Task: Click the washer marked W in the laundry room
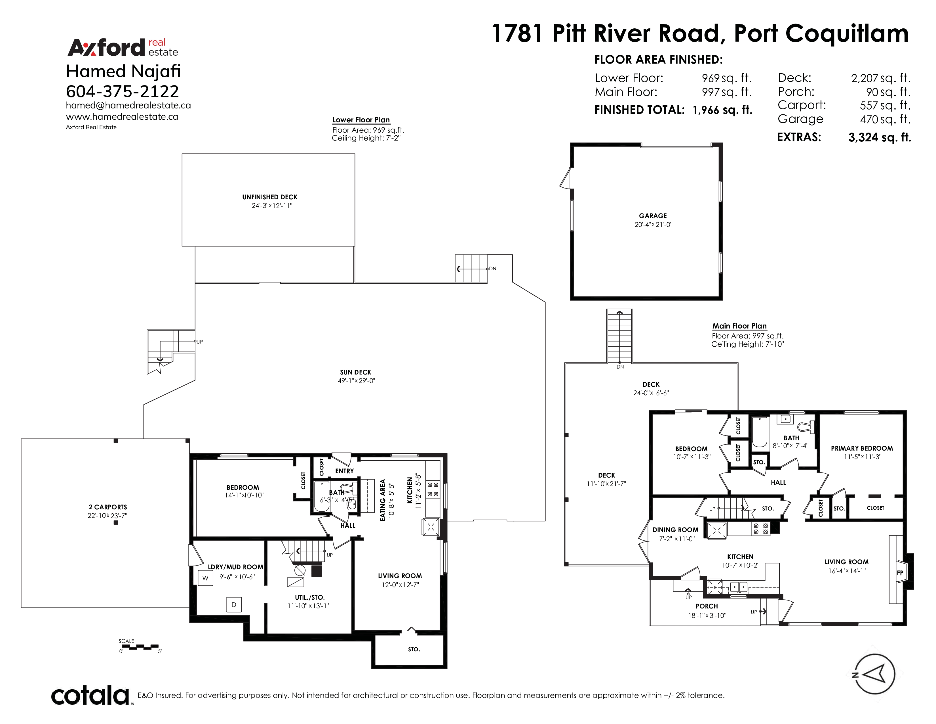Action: (x=205, y=578)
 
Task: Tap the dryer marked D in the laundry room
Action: (x=234, y=605)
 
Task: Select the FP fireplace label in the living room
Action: (x=900, y=573)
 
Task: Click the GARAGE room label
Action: (x=653, y=216)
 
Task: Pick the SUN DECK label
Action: (x=356, y=372)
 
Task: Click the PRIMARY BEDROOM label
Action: (x=862, y=448)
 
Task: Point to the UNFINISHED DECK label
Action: (x=270, y=197)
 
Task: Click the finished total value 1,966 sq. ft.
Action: (x=723, y=110)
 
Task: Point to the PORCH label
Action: (x=707, y=606)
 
